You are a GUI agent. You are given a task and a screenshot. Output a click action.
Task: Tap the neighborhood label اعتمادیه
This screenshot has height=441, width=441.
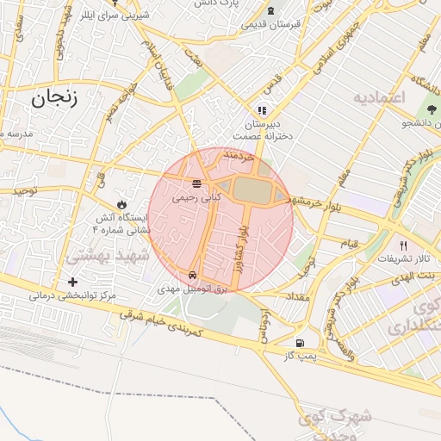tap(378, 96)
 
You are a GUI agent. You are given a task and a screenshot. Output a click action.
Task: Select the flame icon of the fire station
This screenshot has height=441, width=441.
tap(122, 204)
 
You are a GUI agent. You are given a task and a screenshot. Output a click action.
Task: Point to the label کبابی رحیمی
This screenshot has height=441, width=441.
tap(197, 197)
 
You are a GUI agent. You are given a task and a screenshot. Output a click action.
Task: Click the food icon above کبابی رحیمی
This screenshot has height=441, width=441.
tap(197, 183)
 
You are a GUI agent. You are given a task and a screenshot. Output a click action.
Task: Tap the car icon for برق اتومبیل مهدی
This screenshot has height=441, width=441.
tap(203, 275)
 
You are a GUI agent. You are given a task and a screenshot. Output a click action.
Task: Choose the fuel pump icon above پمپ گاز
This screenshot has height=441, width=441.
tap(299, 342)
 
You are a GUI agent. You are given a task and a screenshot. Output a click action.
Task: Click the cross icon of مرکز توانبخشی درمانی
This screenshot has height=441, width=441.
tap(72, 282)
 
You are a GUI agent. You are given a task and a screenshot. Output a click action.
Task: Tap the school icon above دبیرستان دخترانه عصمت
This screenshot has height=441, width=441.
tap(263, 110)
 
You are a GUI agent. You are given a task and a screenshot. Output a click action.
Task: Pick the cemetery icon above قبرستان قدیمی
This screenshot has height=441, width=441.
tap(272, 10)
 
